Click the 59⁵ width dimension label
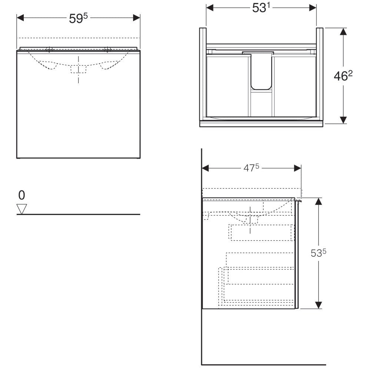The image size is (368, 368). (x=78, y=18)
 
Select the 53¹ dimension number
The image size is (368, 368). (x=261, y=8)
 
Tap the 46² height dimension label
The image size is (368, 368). (x=343, y=76)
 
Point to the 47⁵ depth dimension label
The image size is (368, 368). (x=251, y=168)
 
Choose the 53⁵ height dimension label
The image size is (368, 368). (x=318, y=253)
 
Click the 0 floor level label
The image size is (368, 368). (x=21, y=195)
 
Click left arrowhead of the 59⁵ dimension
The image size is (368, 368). (x=20, y=18)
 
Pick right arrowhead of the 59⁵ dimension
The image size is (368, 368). (x=136, y=18)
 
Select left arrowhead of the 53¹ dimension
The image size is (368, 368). (x=210, y=8)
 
